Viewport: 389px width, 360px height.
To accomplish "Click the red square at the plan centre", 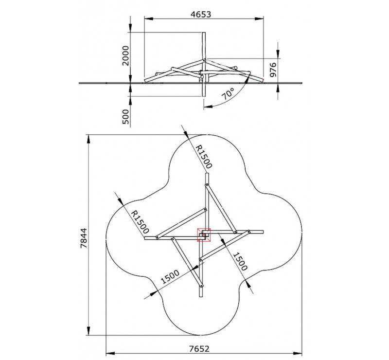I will [204, 235].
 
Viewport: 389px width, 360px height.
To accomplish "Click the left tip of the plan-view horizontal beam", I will [145, 238].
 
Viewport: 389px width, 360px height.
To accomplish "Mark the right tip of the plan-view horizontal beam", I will [262, 231].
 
